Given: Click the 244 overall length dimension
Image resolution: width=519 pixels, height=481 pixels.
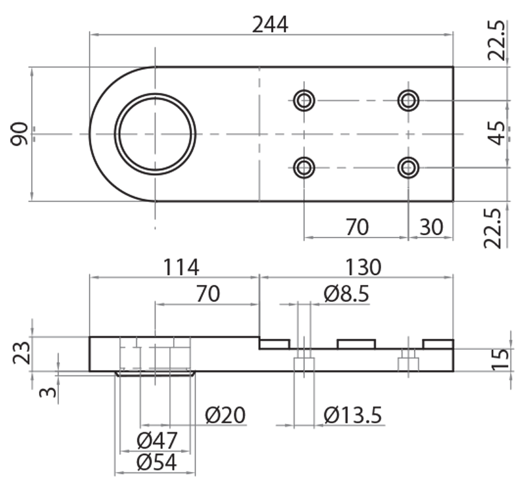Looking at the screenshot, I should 270,24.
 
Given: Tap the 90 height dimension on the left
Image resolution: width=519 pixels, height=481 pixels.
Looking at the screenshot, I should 19,134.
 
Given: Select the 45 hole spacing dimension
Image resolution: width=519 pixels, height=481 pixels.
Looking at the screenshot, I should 496,134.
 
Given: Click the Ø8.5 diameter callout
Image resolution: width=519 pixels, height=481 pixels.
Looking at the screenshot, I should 346,294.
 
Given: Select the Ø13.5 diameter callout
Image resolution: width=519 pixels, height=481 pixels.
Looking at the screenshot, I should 353,413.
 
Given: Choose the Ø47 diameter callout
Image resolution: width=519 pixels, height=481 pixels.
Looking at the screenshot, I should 157,441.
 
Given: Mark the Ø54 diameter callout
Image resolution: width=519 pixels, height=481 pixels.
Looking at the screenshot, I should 157,463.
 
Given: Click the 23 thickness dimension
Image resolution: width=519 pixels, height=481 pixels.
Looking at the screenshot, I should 22,354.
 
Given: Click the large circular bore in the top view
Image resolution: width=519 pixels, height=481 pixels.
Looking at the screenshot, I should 155,134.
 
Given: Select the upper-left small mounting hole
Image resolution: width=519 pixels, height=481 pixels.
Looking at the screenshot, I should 304,101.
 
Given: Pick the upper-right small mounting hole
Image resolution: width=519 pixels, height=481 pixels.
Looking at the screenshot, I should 408,101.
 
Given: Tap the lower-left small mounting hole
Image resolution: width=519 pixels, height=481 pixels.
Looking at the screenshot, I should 304,168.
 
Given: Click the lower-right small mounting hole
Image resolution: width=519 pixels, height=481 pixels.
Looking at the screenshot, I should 408,168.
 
